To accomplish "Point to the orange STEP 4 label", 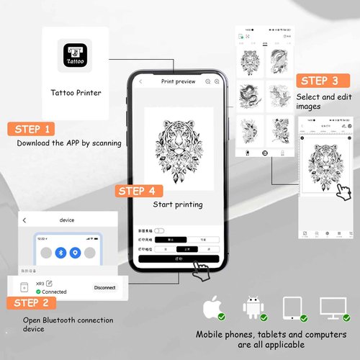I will [x=136, y=191].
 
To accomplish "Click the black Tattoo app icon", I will [x=76, y=56].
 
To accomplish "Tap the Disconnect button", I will [x=104, y=287].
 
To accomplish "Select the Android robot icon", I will [x=253, y=307].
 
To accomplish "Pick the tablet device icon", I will [x=292, y=307].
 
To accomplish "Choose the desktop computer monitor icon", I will [x=333, y=307].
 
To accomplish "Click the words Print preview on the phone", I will [x=178, y=82].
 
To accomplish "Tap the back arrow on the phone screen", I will [x=140, y=82].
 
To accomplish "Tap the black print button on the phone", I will [x=179, y=258].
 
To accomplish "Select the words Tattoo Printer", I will [x=76, y=93].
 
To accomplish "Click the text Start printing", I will [x=178, y=204].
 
